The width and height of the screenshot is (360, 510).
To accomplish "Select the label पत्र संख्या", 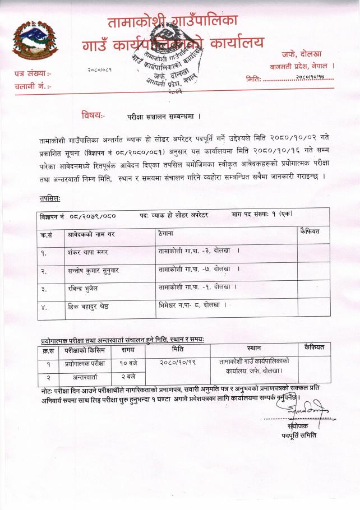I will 32,74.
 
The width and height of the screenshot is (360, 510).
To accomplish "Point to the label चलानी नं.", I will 33,86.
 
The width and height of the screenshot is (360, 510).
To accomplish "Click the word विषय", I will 93,116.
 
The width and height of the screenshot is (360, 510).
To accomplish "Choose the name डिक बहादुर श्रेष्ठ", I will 91,306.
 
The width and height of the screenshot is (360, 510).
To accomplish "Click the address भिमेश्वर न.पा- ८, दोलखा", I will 192,305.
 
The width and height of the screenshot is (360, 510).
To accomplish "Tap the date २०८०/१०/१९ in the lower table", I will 178,363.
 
